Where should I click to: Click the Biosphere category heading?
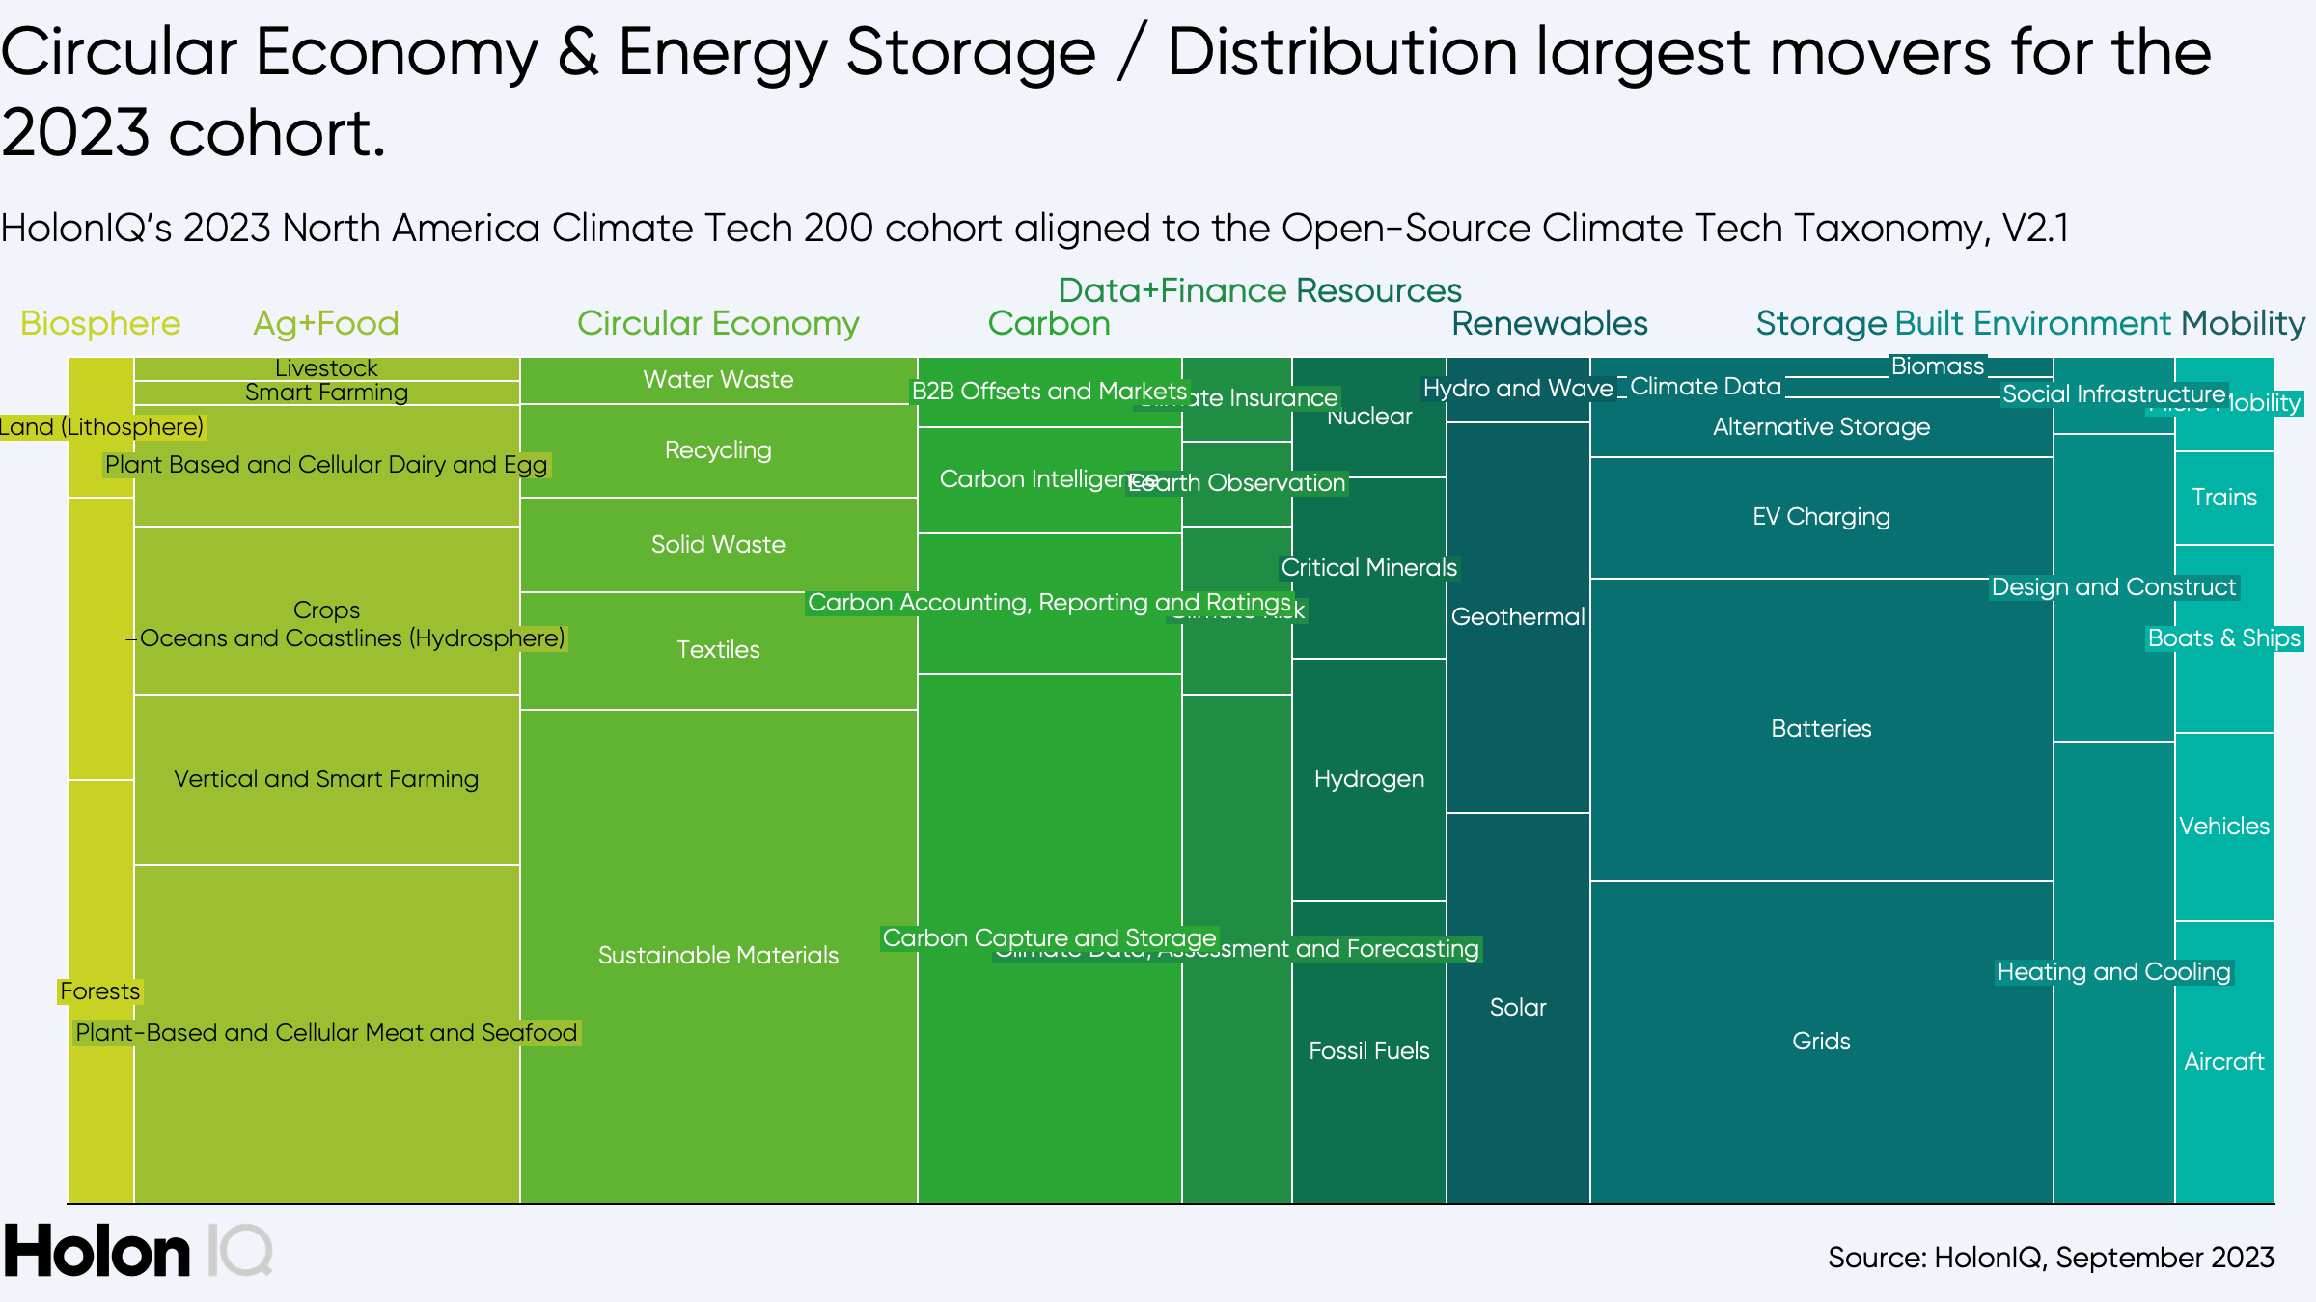100,323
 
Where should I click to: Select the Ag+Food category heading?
326,323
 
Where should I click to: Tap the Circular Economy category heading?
718,323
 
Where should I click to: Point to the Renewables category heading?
1550,323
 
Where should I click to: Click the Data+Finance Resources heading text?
1259,290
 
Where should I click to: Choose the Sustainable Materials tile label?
718,955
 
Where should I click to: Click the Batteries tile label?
1821,728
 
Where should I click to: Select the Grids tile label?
1821,1041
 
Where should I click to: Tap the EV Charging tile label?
1821,516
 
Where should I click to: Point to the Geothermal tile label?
1518,616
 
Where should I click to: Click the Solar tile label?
1518,1007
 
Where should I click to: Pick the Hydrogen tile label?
1368,778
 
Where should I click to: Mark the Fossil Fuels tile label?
1368,1050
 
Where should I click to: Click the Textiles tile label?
718,649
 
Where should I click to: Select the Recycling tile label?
718,449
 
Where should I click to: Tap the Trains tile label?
2224,497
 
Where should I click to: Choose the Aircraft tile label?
2224,1061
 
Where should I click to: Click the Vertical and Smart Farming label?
326,778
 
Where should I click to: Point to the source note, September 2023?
2051,1258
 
